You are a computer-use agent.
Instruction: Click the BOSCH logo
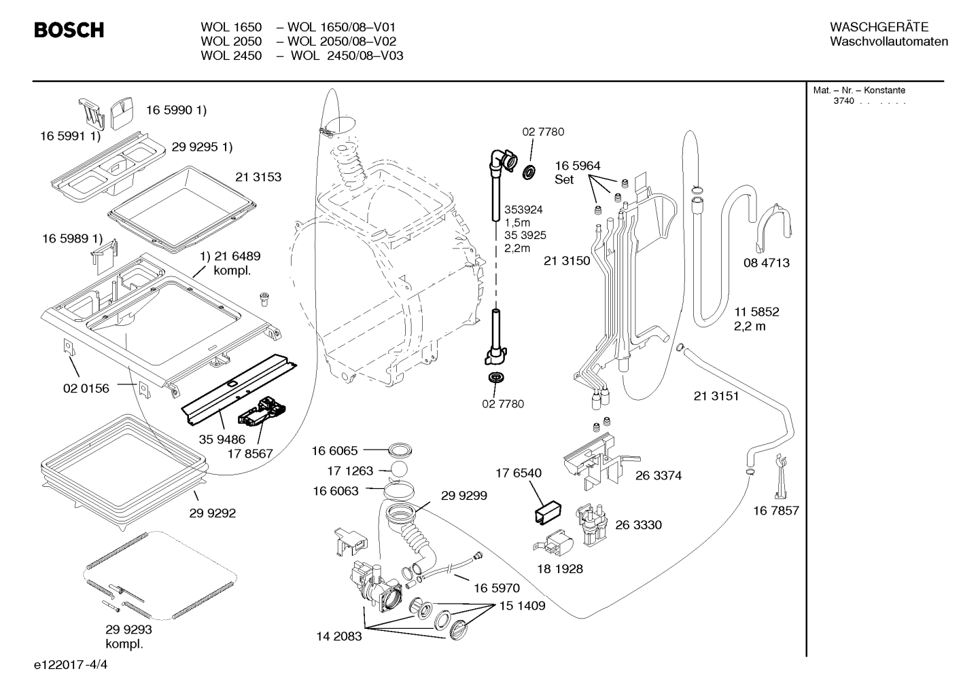pos(69,30)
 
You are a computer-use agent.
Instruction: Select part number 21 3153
pos(258,177)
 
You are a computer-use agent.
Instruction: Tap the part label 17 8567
pos(250,454)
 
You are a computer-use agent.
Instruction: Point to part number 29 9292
pos(212,513)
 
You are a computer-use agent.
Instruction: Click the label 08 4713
pos(767,263)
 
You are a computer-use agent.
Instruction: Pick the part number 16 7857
pos(776,511)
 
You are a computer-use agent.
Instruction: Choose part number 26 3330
pos(638,524)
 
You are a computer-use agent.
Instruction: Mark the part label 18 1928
pos(560,568)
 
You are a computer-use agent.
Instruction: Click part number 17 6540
pos(519,473)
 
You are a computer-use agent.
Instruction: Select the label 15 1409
pos(523,606)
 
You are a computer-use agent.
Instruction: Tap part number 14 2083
pos(339,636)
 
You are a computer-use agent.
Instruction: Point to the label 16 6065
pos(334,450)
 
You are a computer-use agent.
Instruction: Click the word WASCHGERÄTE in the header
pos(879,27)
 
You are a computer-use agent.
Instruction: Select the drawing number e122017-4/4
pos(71,665)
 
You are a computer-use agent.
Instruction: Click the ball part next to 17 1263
pos(398,470)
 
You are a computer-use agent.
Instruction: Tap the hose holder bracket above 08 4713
pos(774,227)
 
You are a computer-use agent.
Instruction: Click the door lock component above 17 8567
pos(262,412)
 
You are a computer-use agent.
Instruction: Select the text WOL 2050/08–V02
pos(342,41)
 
